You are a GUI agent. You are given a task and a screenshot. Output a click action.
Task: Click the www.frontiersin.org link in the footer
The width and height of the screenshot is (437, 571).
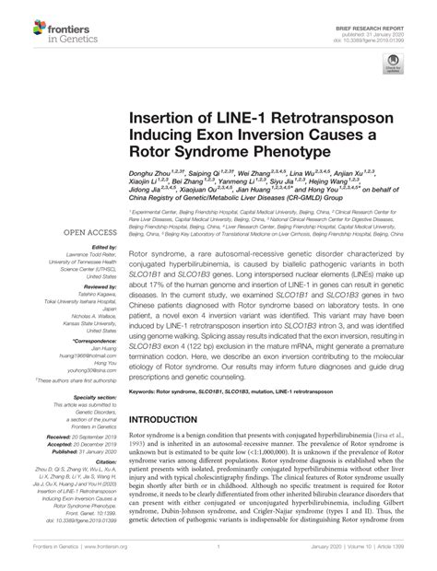click(x=112, y=557)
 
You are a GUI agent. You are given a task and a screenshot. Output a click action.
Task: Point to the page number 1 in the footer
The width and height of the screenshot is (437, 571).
click(x=218, y=557)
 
